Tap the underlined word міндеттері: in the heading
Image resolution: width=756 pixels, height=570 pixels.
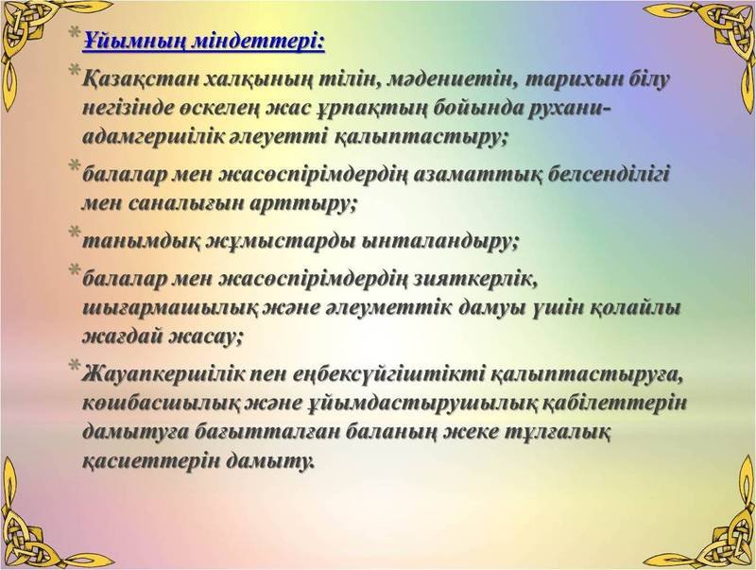pyautogui.click(x=265, y=41)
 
